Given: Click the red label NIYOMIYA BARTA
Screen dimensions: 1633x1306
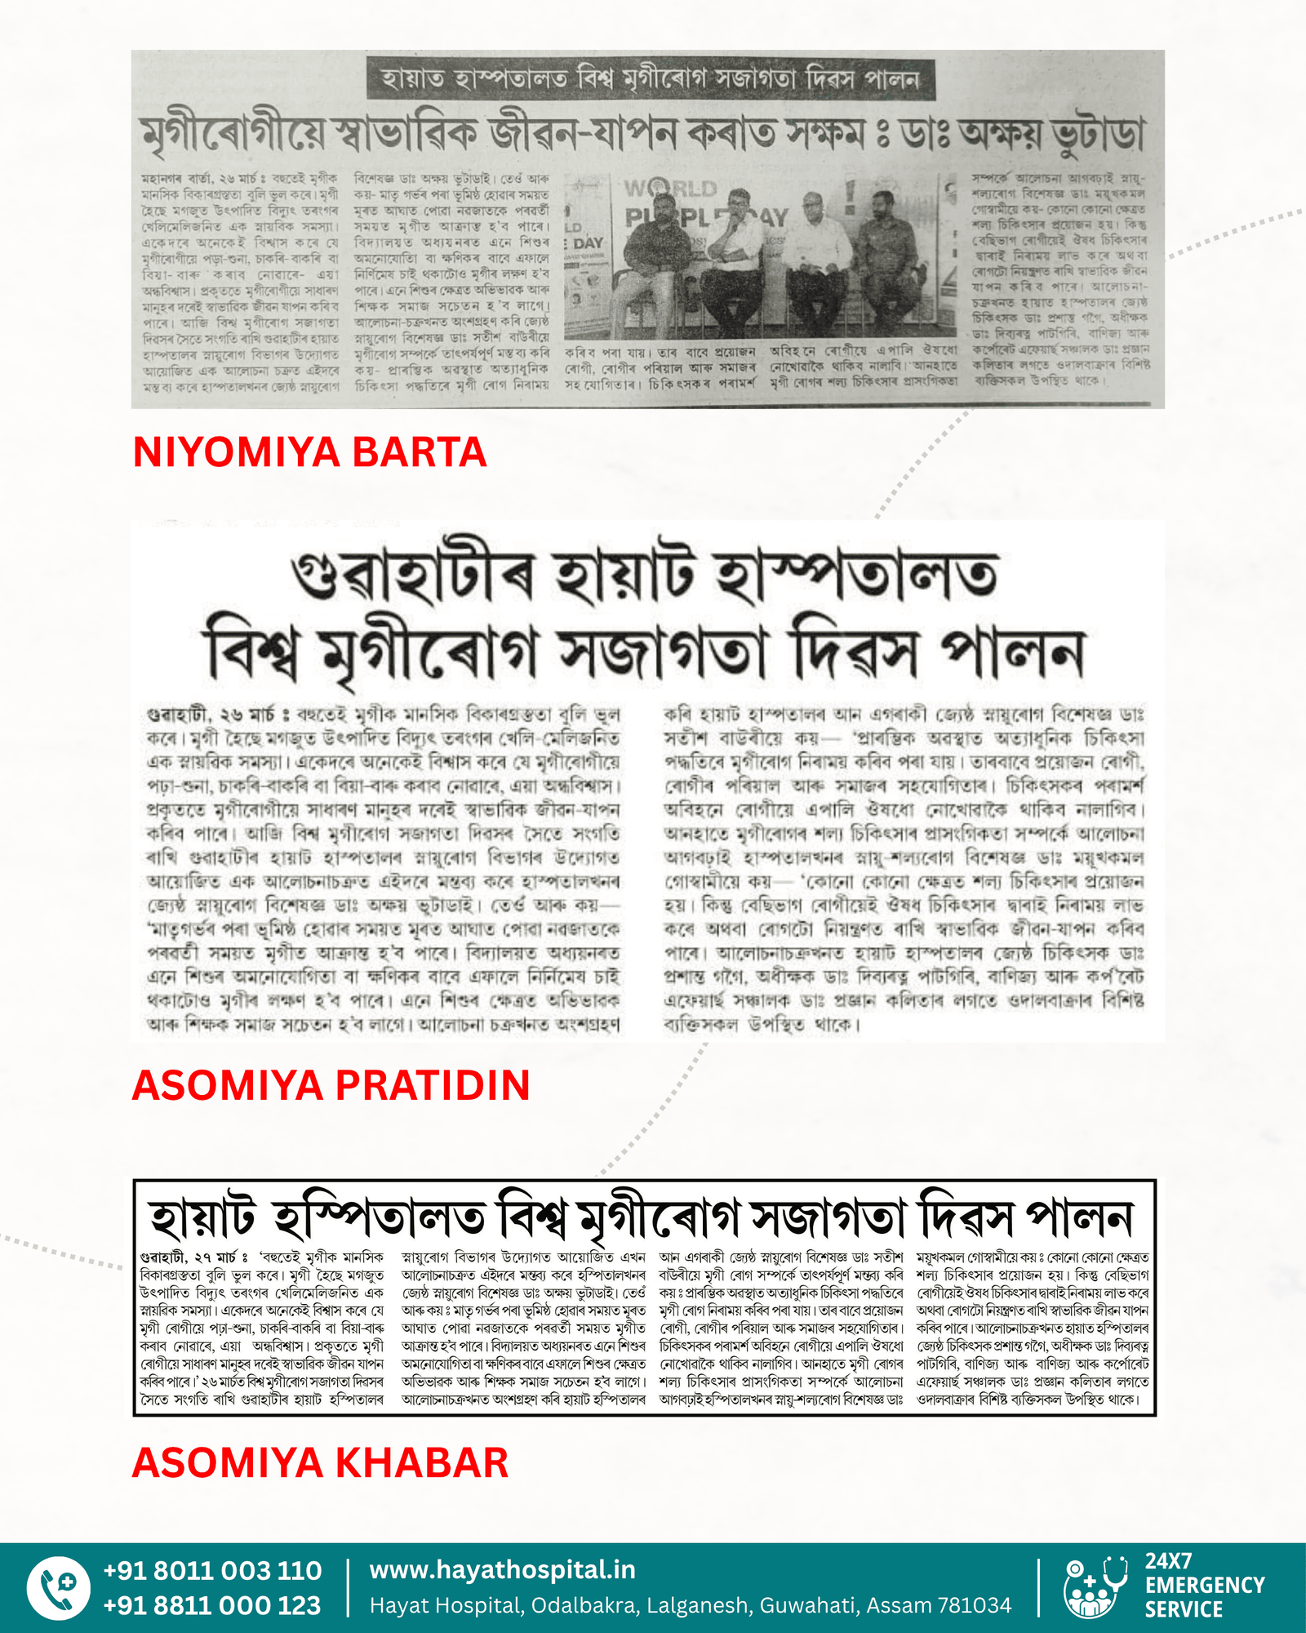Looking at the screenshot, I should click(309, 452).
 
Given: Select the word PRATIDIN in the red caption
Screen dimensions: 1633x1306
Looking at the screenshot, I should click(433, 1085).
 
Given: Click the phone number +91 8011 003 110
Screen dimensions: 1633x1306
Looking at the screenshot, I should click(212, 1570).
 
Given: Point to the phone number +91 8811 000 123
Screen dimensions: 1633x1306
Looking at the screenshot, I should click(212, 1605).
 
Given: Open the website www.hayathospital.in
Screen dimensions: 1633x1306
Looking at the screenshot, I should click(502, 1569).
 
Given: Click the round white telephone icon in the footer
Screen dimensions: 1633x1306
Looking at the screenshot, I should click(58, 1588).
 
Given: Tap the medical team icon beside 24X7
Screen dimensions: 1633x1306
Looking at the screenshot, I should click(1094, 1588).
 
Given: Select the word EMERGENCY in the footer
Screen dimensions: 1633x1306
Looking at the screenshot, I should click(1204, 1586).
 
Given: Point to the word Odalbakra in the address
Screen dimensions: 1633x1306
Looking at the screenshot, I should click(583, 1606).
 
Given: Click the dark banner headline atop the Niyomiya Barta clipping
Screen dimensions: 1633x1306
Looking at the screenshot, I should click(650, 78).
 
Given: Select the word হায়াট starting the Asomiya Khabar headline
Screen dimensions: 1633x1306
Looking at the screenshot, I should click(203, 1219).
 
